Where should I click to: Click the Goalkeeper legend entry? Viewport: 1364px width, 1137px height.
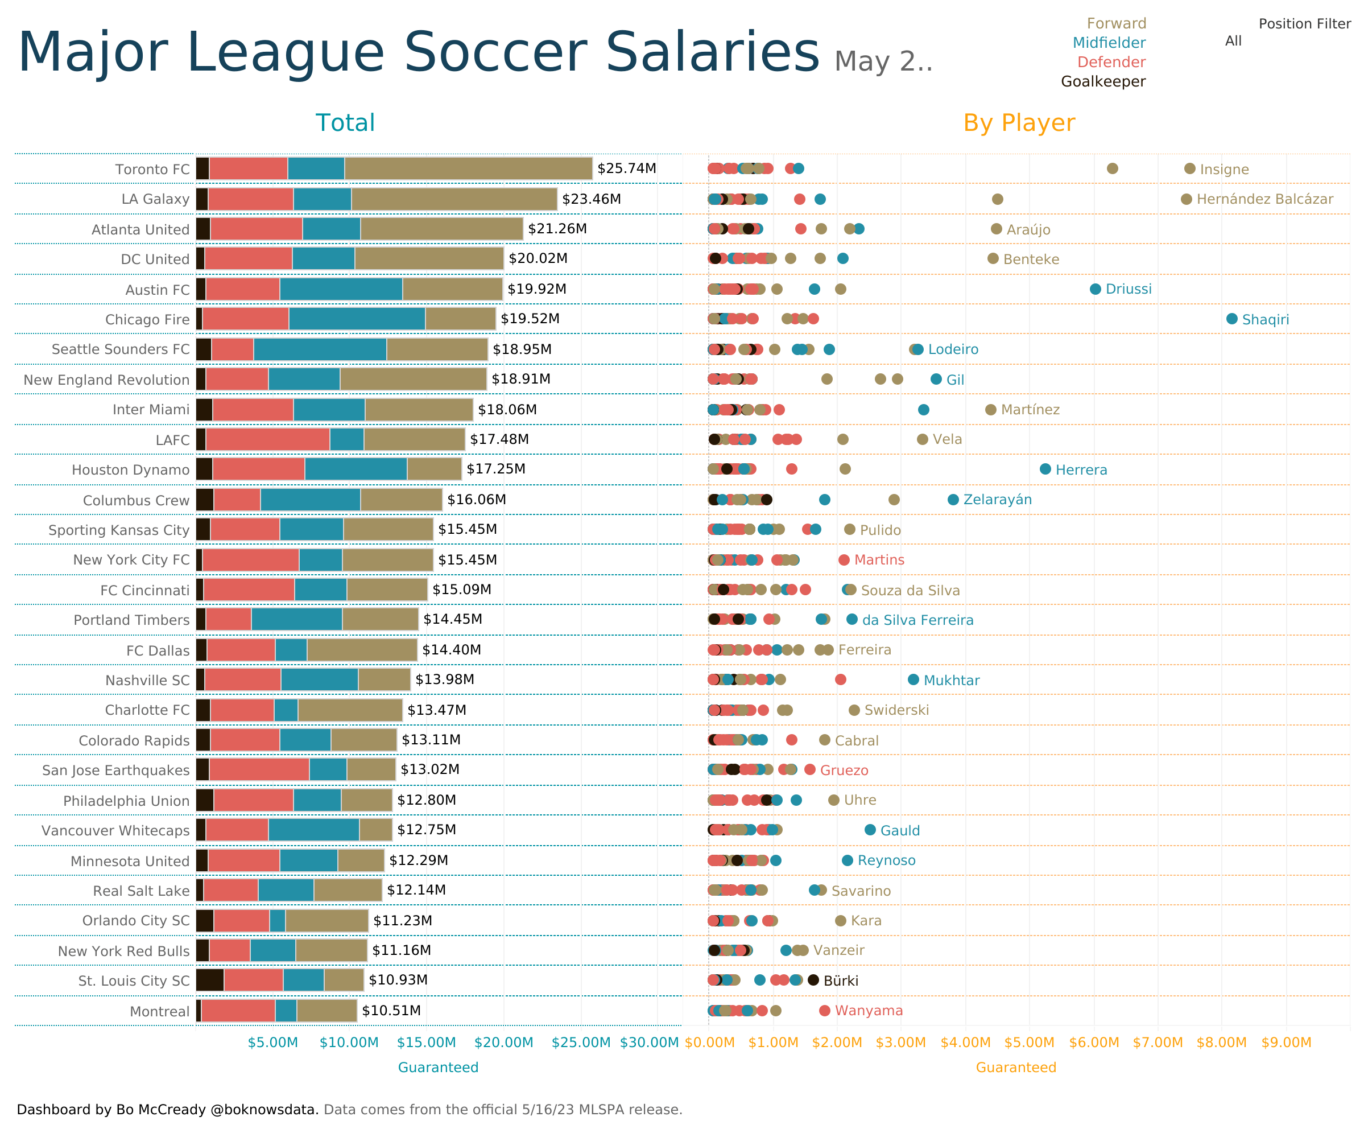1103,82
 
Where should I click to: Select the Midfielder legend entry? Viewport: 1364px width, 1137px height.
1109,43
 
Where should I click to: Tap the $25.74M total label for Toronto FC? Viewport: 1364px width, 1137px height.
626,168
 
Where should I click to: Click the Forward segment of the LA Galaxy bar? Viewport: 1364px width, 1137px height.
453,199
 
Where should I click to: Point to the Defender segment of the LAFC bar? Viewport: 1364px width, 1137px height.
267,439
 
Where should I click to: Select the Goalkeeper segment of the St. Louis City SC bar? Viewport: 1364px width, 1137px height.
210,980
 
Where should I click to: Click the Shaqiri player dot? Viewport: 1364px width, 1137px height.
1231,318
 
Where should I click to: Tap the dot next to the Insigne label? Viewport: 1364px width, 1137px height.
1189,168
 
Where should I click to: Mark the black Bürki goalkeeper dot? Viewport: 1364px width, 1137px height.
813,980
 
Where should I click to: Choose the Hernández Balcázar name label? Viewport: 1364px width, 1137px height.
1264,199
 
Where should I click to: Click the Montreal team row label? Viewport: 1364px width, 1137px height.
159,1011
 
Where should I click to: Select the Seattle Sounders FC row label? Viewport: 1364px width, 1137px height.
120,349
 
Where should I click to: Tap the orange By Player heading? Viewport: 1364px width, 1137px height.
1019,123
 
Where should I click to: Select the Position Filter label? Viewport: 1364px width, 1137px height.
1304,24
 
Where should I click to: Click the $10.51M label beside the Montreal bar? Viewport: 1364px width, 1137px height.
391,1010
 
